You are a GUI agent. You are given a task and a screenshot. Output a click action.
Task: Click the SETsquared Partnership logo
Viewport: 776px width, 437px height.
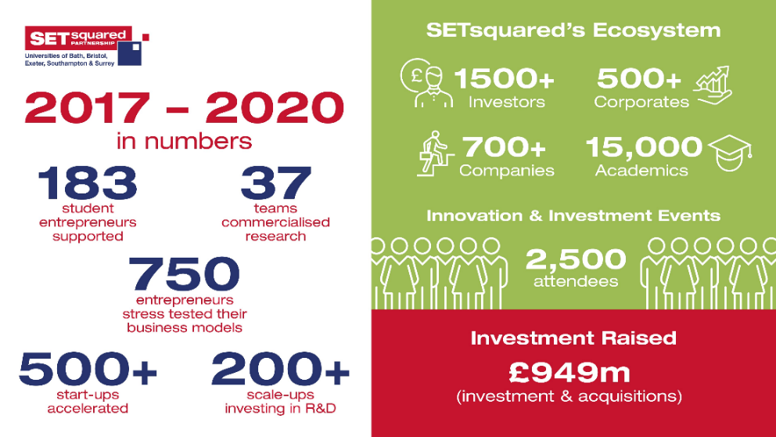(87, 46)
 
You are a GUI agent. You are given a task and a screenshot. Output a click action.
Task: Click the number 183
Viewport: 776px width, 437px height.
(87, 182)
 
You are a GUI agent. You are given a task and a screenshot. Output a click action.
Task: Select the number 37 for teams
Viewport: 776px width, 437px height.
(275, 182)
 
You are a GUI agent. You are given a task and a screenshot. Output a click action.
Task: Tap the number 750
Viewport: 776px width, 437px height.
(184, 274)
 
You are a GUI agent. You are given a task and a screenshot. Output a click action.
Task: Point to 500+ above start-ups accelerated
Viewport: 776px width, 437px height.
(88, 368)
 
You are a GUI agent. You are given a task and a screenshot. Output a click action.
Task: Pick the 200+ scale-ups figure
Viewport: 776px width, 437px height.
(280, 368)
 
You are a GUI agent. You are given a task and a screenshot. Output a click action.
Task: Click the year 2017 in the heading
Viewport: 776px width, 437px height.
(87, 107)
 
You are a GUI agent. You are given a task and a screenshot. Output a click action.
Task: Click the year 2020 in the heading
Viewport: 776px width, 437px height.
(275, 107)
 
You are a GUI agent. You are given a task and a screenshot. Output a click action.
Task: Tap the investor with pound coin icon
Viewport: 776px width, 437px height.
(426, 83)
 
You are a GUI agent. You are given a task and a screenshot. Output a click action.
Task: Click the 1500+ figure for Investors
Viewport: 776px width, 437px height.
(505, 78)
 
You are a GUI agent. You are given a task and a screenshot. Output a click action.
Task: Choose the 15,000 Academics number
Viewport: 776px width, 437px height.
(644, 147)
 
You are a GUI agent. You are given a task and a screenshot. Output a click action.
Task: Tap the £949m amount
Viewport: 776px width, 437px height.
(569, 373)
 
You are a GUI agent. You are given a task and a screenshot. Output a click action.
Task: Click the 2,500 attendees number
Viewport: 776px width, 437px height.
(576, 259)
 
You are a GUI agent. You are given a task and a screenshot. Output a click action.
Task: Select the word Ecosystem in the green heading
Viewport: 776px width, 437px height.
(657, 31)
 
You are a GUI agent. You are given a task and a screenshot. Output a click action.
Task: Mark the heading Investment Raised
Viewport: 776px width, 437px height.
(573, 338)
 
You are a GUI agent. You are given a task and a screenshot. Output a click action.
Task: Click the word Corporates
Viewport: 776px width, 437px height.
(641, 102)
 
